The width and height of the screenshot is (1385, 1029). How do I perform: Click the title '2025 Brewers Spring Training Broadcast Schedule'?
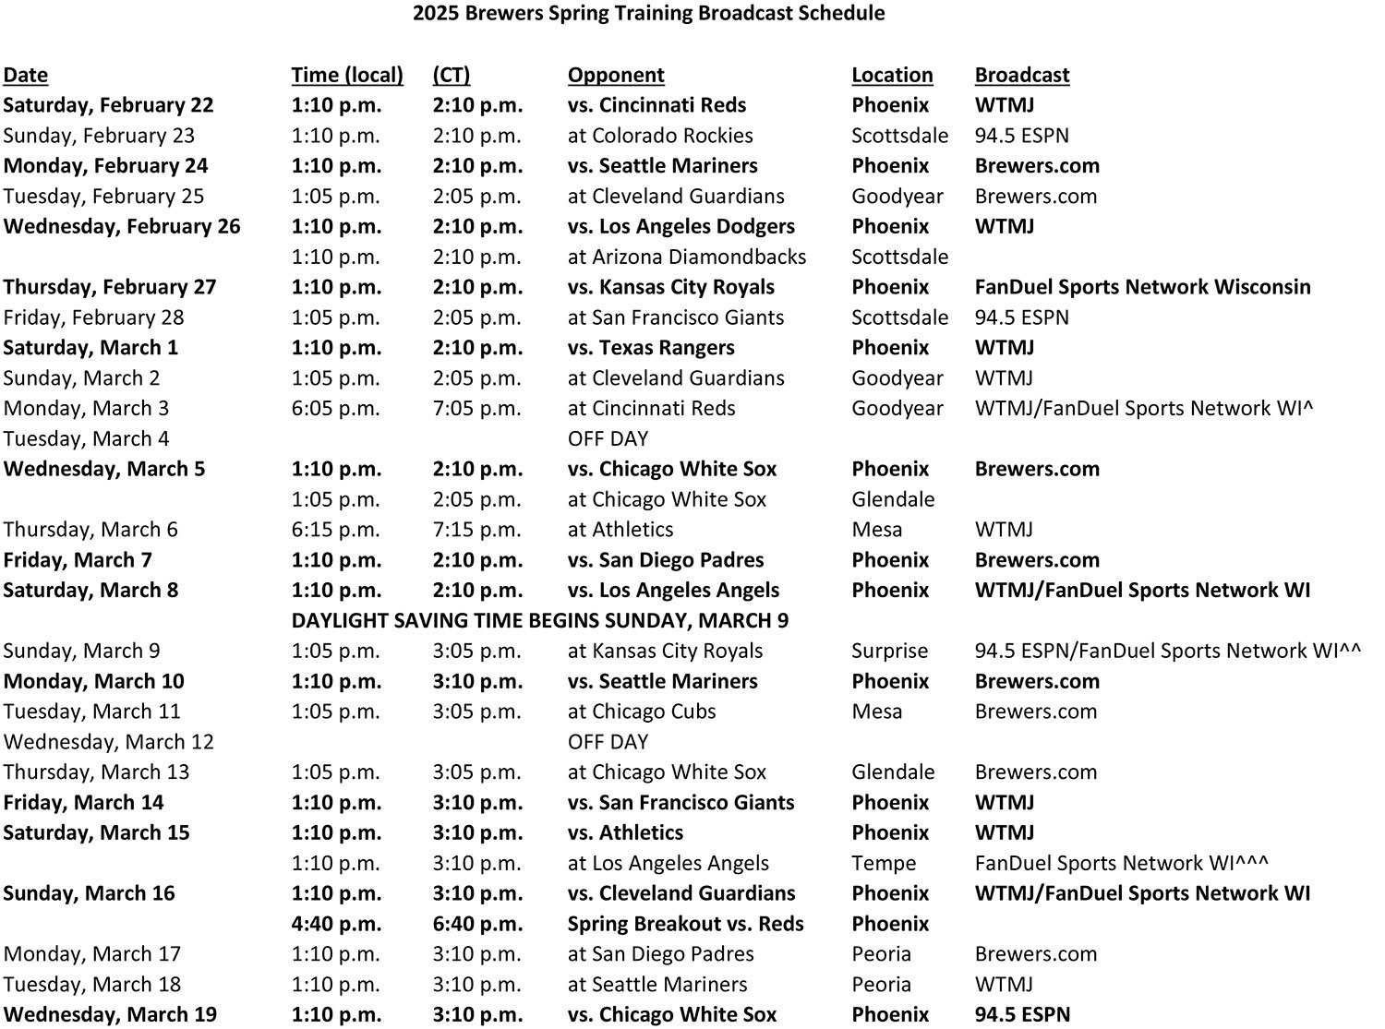coord(648,13)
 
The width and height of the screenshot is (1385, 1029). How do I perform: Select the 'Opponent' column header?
coord(616,75)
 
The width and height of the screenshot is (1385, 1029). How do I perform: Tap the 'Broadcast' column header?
coord(1021,75)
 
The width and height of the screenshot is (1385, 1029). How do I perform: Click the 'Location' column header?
coord(892,75)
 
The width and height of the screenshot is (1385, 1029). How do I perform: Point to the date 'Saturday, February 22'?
coord(108,105)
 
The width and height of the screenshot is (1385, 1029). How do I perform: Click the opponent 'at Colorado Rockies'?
coord(660,136)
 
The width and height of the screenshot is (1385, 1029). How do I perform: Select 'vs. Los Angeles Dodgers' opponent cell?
coord(680,226)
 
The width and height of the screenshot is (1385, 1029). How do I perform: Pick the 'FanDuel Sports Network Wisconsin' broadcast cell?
coord(1142,287)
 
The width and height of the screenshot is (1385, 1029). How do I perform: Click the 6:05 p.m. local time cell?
coord(335,408)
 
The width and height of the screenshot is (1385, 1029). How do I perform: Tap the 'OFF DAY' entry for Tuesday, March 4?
coord(608,438)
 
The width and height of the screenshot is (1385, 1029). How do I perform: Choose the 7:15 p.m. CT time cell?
coord(476,530)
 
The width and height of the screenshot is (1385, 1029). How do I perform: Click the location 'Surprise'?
coord(889,651)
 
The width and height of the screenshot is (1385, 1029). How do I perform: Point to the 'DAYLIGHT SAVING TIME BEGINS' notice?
coord(539,620)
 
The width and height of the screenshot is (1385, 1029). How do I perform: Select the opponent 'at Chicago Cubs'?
coord(642,712)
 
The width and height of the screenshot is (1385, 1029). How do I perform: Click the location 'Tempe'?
coord(884,863)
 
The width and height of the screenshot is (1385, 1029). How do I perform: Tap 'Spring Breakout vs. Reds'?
coord(685,924)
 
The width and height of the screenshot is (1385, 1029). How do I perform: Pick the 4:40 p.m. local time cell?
coord(336,924)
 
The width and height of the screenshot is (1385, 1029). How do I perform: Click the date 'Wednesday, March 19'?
coord(110,1015)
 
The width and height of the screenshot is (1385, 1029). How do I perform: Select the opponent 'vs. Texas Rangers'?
coord(651,348)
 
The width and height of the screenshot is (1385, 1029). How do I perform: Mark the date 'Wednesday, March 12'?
coord(108,742)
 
